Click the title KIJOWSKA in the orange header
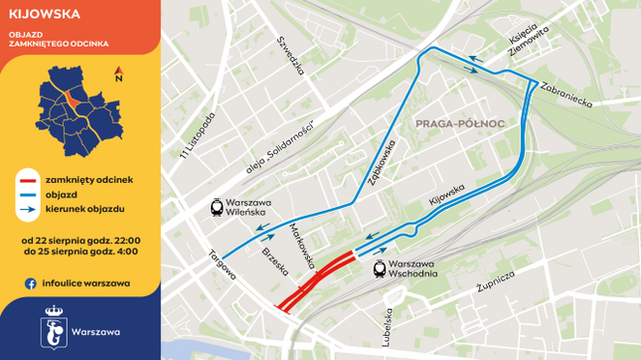[46, 15]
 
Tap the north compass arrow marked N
[117, 74]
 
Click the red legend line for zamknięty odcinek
[28, 180]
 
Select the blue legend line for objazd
[28, 195]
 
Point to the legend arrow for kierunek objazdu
[28, 209]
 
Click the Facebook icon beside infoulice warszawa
[31, 284]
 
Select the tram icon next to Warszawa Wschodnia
[381, 268]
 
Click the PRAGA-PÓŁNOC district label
[453, 124]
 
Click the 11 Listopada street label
[197, 133]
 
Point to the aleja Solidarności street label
[282, 145]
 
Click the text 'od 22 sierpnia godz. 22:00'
[80, 239]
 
